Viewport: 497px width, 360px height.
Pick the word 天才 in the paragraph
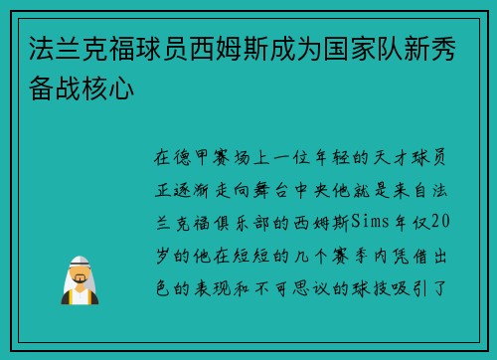pyautogui.click(x=365, y=158)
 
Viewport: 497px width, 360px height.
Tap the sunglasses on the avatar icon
pyautogui.click(x=80, y=270)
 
